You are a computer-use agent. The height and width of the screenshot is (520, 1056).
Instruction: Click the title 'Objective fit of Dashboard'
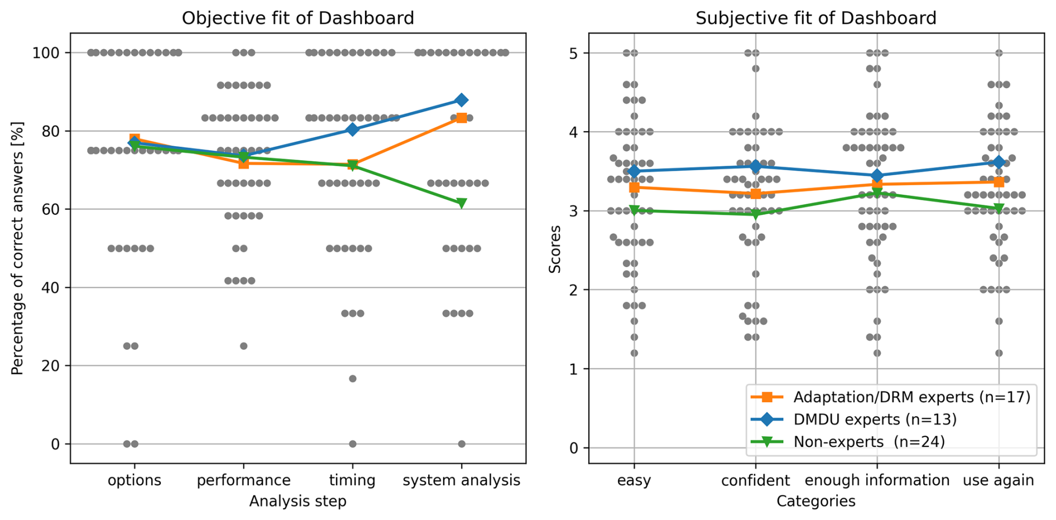pos(298,18)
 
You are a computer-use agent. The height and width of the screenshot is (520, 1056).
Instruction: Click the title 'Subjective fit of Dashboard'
pos(815,18)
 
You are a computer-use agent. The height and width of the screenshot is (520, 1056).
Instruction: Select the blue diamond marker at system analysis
pos(461,100)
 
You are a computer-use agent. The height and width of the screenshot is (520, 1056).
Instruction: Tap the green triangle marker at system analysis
pos(461,203)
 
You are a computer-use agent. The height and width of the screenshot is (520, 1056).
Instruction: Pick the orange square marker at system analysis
pos(461,118)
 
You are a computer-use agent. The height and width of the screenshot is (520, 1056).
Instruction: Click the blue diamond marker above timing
pos(352,129)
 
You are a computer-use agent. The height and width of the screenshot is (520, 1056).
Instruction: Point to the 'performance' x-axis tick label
pos(243,480)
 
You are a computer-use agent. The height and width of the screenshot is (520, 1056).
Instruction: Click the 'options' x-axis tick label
pos(135,480)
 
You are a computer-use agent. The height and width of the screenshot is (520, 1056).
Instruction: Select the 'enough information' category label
pos(877,480)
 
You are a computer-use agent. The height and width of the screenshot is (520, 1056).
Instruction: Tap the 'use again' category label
pos(999,480)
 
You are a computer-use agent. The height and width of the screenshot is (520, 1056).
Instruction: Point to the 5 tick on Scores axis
pos(574,53)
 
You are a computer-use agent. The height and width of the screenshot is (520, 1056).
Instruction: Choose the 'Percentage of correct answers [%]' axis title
pos(18,248)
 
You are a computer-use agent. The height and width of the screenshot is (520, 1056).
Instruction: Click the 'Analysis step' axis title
pos(298,501)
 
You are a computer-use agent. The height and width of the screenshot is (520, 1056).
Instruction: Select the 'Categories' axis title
pos(815,501)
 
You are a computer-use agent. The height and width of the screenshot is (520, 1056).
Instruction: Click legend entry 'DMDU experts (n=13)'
pos(875,420)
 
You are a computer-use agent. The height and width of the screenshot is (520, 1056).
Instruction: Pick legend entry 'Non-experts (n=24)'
pos(869,442)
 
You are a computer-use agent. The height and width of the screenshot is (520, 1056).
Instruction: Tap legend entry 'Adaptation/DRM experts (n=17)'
pos(911,397)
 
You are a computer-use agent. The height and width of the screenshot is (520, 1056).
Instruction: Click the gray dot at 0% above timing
pos(352,444)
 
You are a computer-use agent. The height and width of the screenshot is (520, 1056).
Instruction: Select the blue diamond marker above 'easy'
pos(633,171)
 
